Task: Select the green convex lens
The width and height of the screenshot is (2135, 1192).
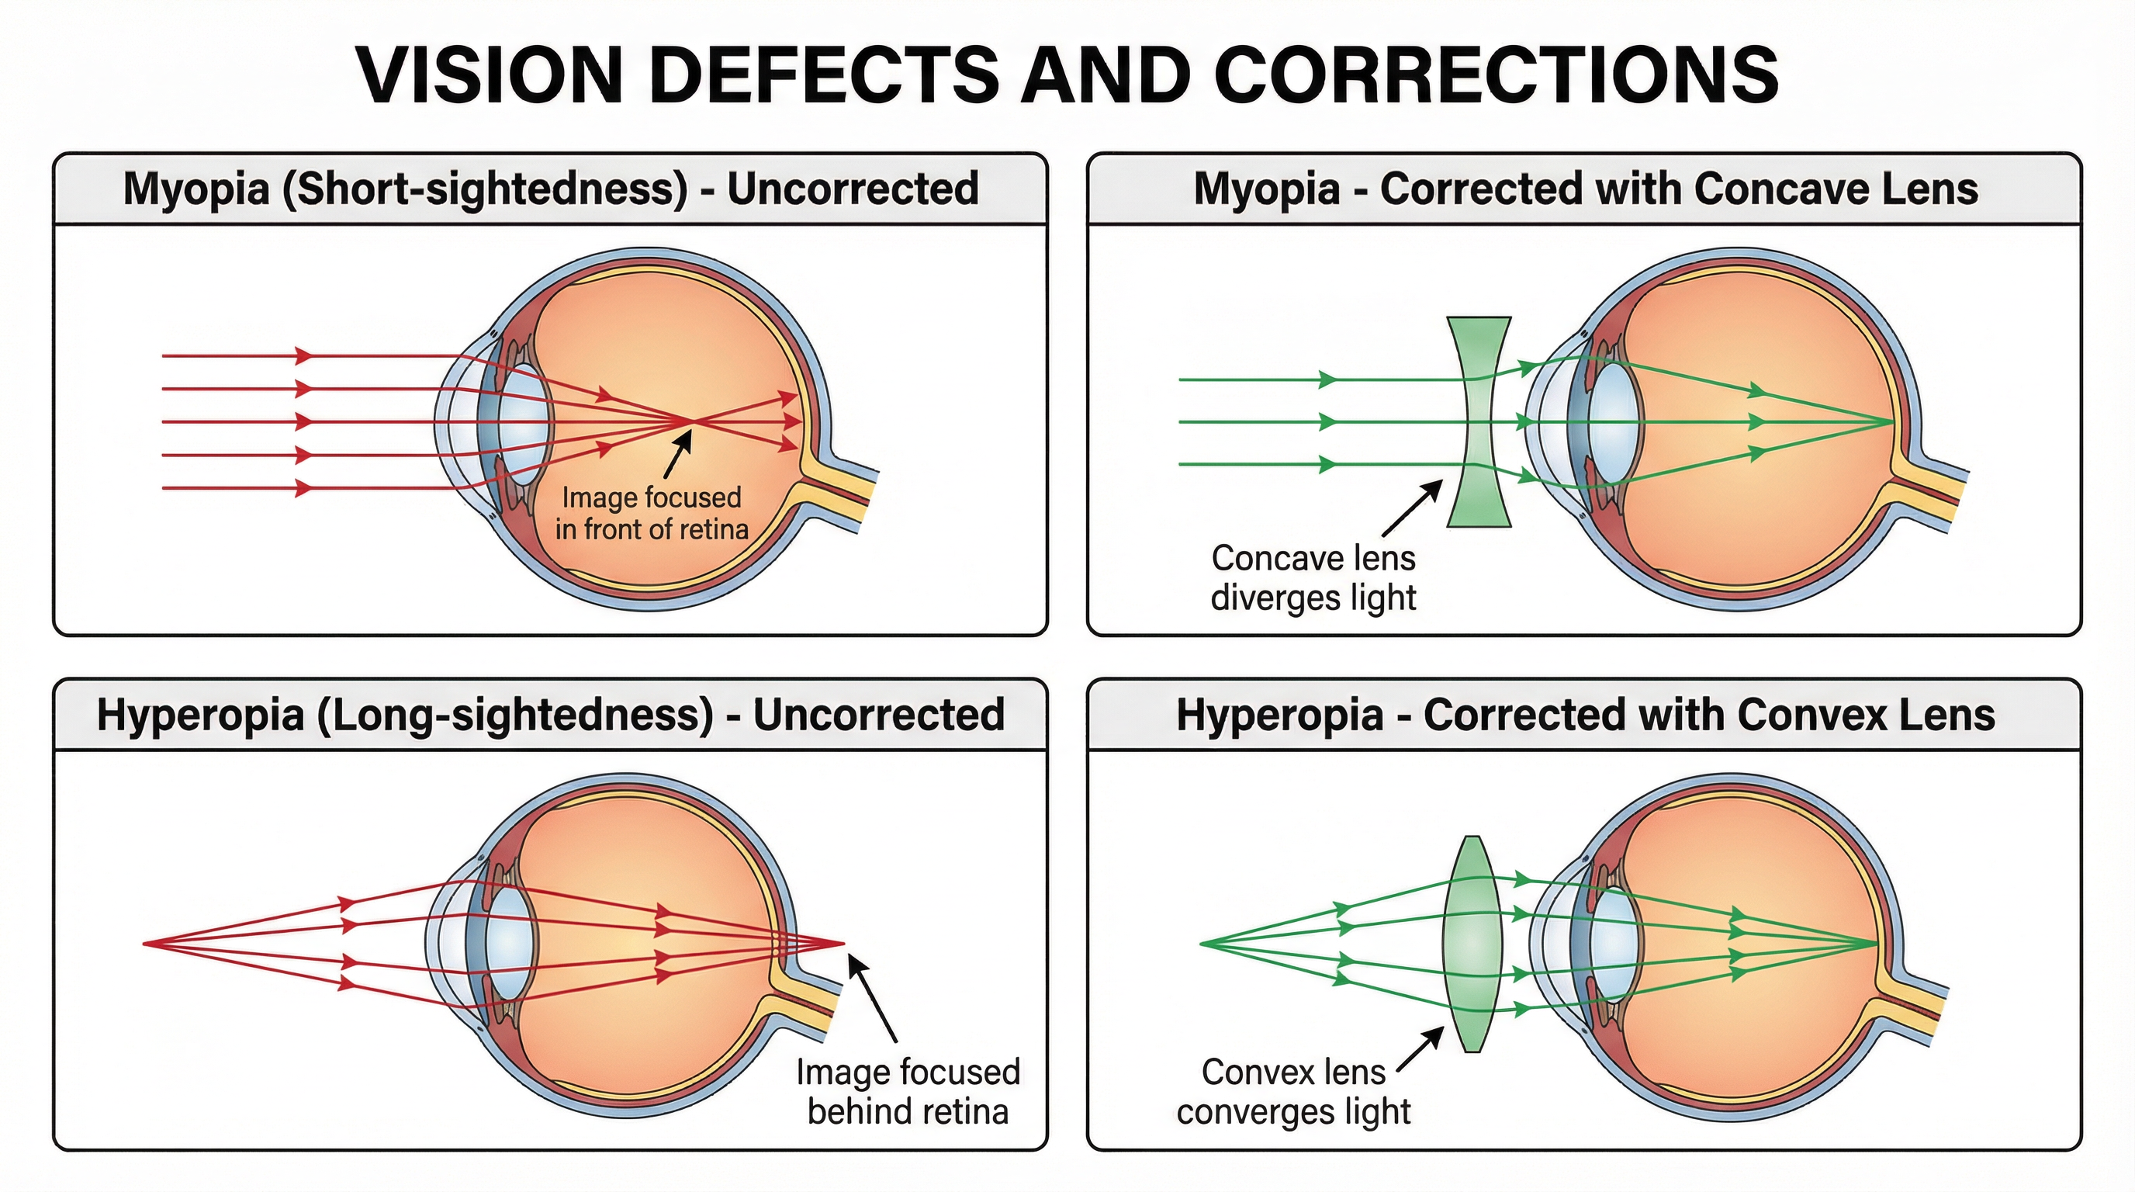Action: pos(1472,944)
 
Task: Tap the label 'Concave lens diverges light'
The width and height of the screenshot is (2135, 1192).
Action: pos(1313,578)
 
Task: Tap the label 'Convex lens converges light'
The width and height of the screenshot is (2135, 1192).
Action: pos(1293,1092)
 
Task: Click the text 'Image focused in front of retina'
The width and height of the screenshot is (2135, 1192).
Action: pos(652,513)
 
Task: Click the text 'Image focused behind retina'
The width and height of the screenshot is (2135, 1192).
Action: pos(908,1092)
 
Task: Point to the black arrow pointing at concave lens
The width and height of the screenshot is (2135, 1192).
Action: pos(1412,508)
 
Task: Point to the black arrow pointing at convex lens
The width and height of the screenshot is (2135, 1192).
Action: pos(1419,1050)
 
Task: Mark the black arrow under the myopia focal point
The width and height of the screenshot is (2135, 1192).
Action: pos(678,456)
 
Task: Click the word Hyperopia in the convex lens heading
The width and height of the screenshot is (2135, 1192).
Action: pos(1279,716)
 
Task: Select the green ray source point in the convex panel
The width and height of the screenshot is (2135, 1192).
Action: pos(1202,944)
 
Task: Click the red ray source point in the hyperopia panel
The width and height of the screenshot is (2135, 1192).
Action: pos(145,944)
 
